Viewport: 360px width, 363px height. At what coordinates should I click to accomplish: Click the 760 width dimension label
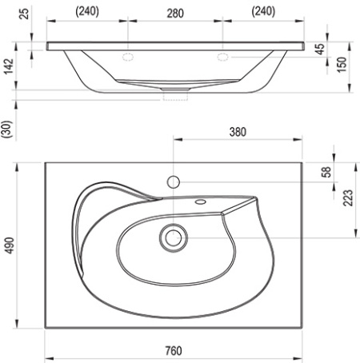[174, 350]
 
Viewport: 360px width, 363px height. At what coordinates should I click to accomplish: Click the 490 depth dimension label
[10, 245]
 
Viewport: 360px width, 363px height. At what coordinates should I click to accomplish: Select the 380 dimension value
[238, 132]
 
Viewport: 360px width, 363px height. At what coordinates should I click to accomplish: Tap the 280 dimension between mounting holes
[175, 14]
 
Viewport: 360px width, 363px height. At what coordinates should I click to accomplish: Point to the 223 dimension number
[348, 197]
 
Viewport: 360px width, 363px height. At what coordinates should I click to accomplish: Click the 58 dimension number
[326, 172]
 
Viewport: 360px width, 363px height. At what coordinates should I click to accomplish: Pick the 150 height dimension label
[342, 64]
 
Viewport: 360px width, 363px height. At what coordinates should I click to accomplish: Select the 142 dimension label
[8, 66]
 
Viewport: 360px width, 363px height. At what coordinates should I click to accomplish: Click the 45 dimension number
[320, 49]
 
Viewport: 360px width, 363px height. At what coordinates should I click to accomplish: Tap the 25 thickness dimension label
[24, 14]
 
